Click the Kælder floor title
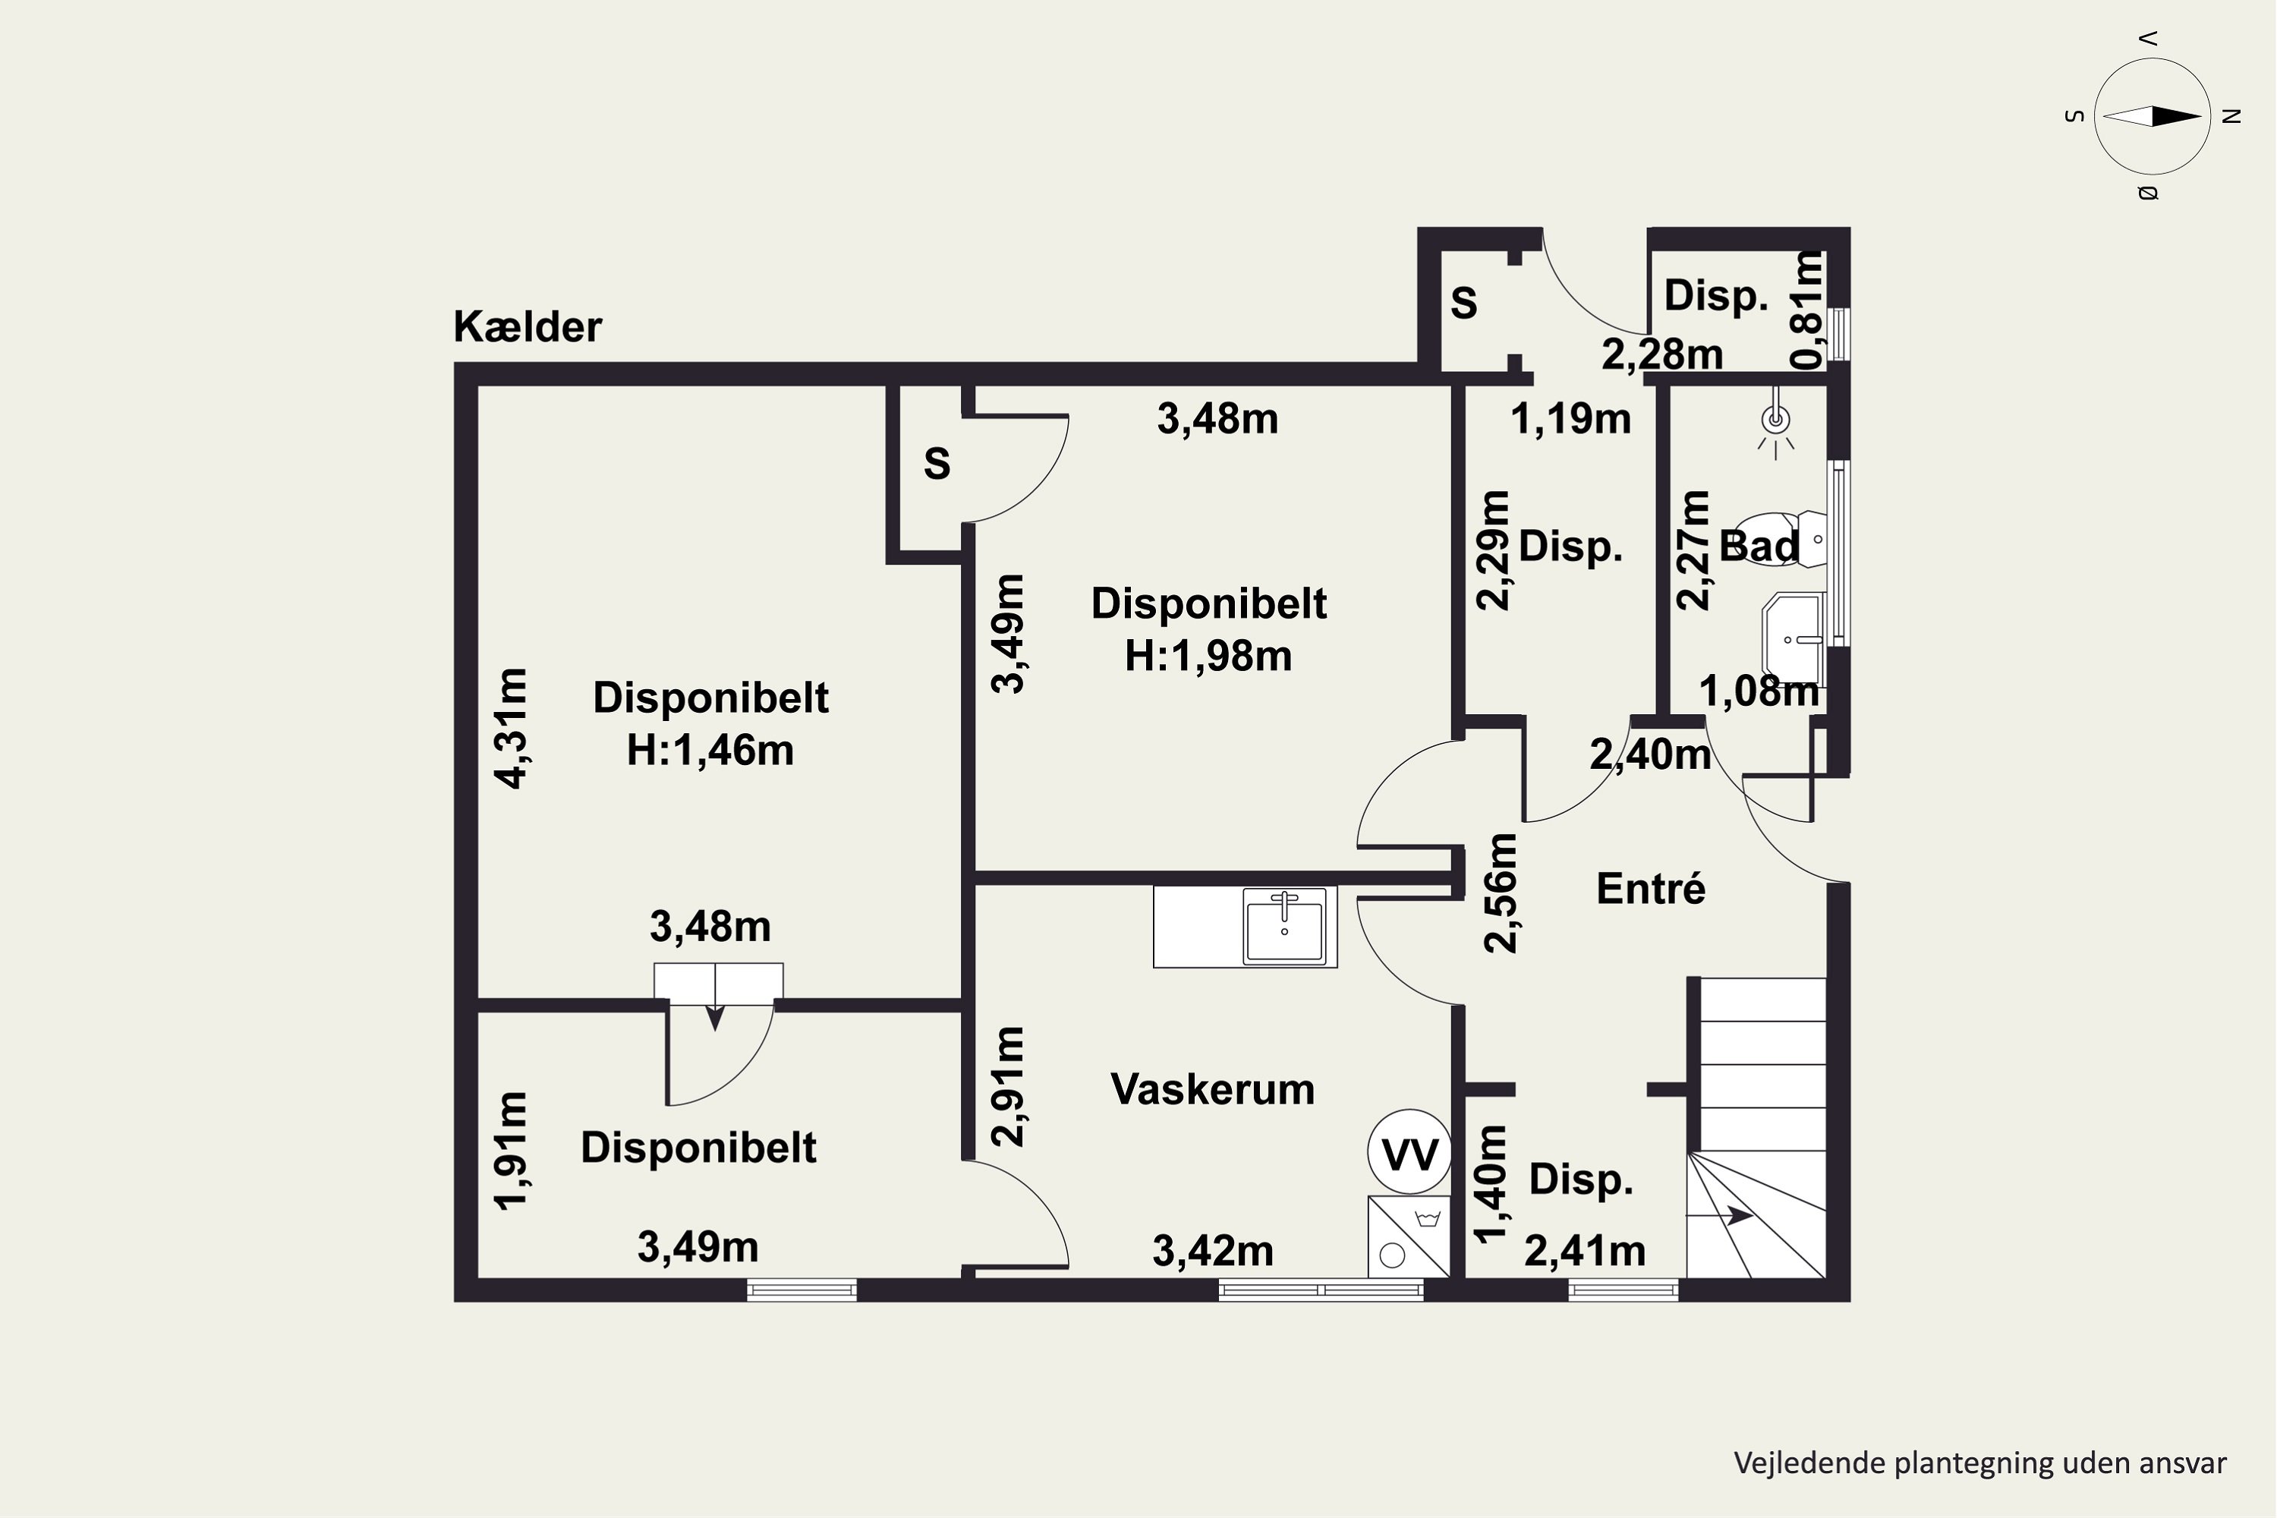528,327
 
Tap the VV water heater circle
1409,1152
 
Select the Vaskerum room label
1212,1089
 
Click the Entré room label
1651,888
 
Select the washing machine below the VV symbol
1409,1236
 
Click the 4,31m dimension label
510,728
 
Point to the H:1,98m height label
1208,657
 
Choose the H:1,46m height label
710,751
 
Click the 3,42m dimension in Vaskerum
1212,1251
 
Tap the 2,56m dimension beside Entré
1501,893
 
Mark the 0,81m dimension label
1807,310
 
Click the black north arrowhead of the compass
2176,116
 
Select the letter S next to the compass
2074,116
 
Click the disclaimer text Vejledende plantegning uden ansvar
1979,1462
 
